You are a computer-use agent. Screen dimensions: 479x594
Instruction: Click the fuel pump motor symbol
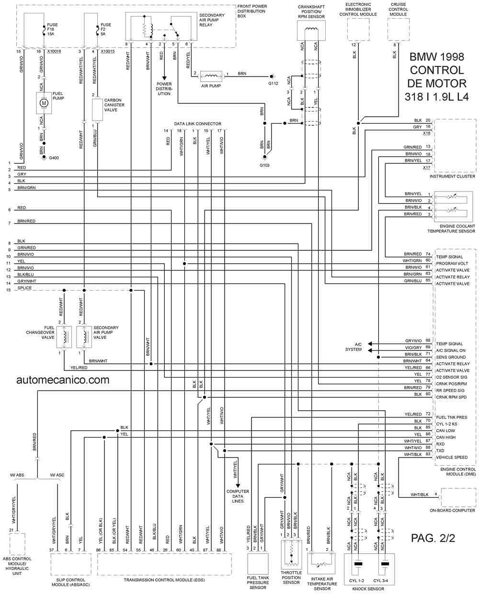pos(44,103)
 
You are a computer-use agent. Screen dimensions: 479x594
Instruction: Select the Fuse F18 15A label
pos(52,29)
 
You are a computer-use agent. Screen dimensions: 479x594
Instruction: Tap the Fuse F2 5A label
pos(105,29)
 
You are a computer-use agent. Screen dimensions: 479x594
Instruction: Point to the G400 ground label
pos(54,158)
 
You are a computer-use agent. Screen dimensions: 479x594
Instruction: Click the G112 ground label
pos(273,83)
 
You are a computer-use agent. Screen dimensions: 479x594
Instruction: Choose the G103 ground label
pos(264,165)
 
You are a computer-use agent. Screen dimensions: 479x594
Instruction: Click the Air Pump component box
pos(211,76)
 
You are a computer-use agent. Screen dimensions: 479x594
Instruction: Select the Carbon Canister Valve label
pos(114,105)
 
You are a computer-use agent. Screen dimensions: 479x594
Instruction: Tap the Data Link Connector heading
pos(197,124)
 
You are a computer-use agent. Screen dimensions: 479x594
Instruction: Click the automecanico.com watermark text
pos(63,380)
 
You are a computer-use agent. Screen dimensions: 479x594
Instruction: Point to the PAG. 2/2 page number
pos(433,538)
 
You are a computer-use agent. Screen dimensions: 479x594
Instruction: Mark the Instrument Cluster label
pos(452,176)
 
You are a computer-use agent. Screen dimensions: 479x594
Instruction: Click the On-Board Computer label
pos(452,510)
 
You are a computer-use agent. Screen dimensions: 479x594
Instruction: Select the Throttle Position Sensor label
pos(291,577)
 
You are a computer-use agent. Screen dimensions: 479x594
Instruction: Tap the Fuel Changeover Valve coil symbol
pos(64,337)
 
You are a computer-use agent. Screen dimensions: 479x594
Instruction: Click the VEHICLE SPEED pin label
pos(452,458)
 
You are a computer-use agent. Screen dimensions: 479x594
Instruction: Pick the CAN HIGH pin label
pos(445,437)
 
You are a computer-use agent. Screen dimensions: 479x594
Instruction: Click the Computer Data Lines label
pos(238,496)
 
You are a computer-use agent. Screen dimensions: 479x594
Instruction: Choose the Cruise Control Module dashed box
pos(399,30)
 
